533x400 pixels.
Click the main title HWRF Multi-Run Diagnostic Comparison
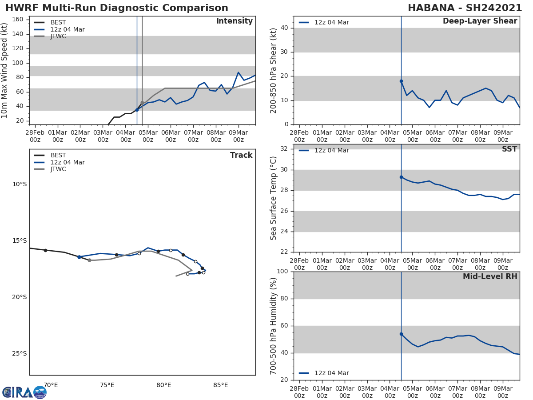117,8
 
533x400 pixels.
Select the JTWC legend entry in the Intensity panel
58,36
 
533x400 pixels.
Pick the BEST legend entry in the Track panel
58,156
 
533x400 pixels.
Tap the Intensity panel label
234,21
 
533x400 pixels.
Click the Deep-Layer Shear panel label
480,21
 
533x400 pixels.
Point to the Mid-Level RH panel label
490,276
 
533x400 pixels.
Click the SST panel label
509,149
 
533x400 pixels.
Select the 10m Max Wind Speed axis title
5,70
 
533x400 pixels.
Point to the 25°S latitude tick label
20,354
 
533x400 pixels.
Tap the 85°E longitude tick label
220,385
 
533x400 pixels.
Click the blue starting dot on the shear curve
401,81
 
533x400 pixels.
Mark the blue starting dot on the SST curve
401,177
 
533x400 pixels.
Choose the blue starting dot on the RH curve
401,334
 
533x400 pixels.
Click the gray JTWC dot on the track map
89,260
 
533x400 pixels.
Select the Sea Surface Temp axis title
274,198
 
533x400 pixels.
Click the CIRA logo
24,392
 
